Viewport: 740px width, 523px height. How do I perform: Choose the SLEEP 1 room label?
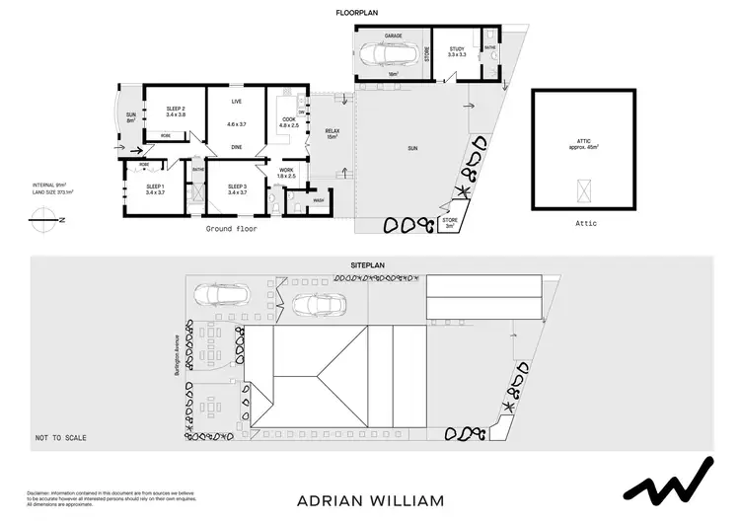pos(156,188)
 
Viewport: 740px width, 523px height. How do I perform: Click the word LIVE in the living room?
pos(237,102)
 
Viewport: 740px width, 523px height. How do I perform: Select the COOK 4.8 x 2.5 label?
pos(288,122)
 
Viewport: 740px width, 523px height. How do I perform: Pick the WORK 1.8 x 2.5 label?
pos(287,174)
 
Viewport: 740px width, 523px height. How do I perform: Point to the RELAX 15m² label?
pos(332,133)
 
